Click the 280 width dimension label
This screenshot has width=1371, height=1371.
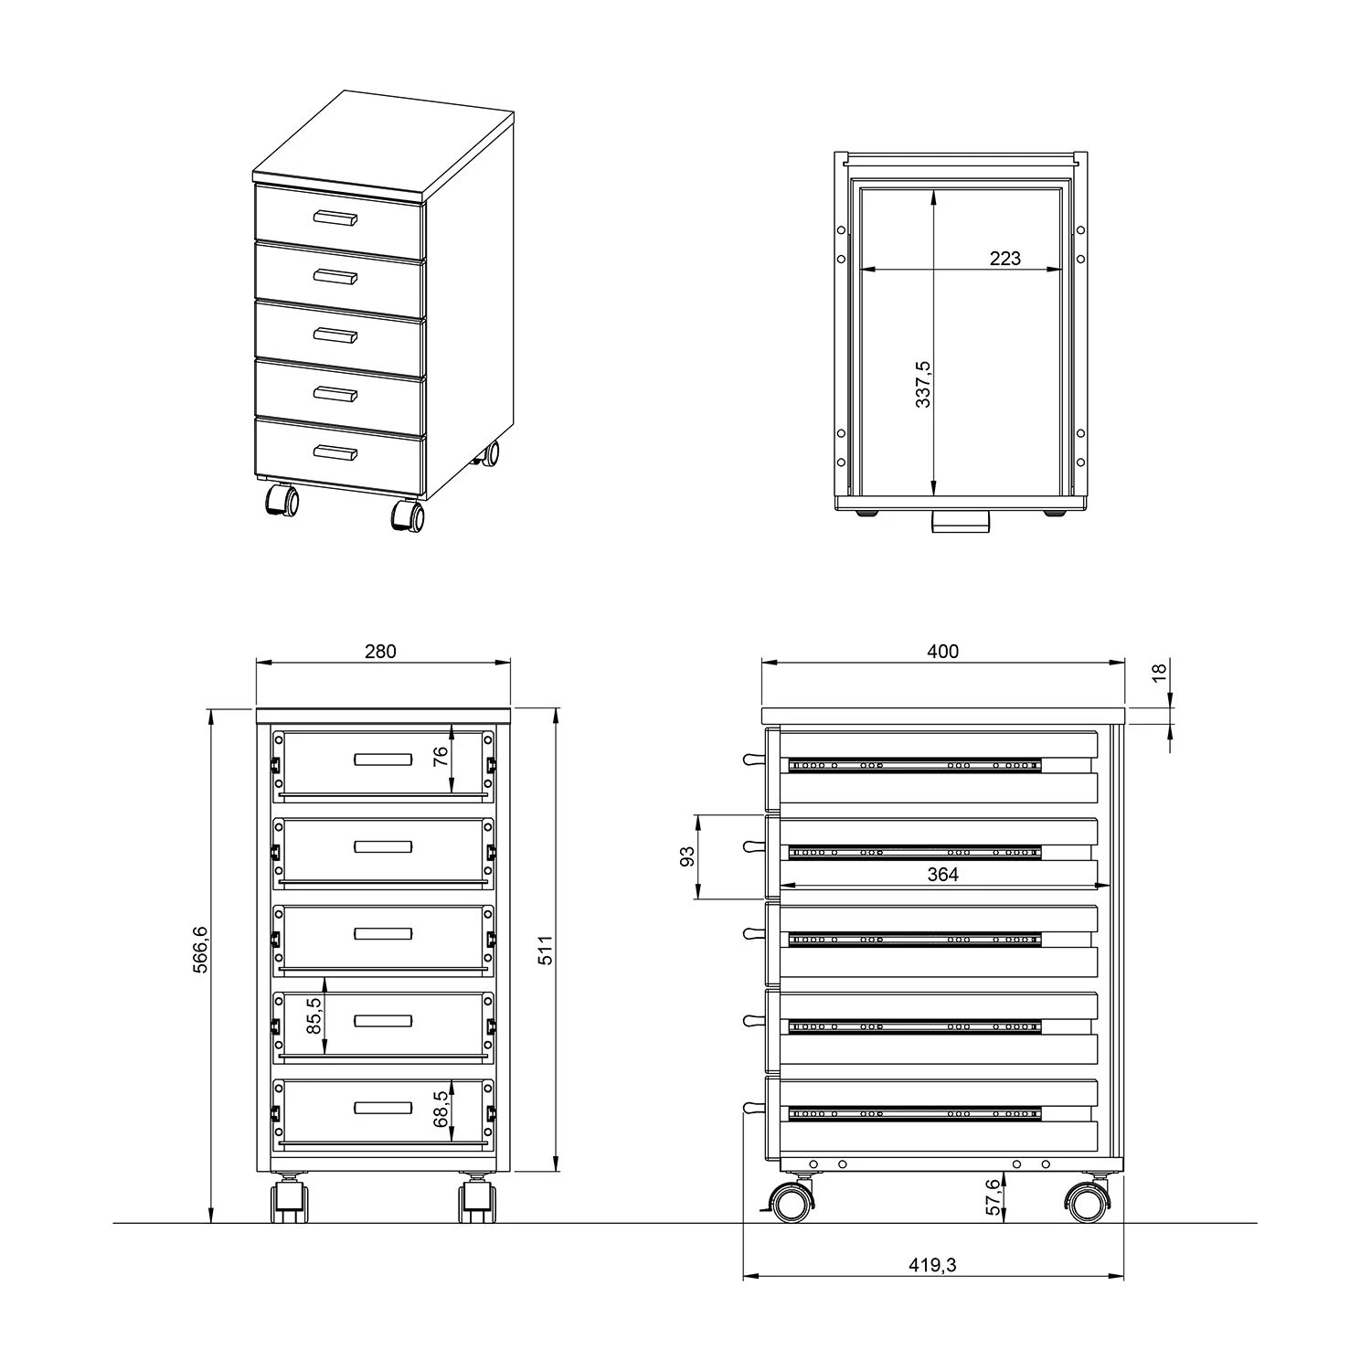[381, 652]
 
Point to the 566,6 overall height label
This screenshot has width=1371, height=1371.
[201, 950]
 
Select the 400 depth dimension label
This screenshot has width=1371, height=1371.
[943, 652]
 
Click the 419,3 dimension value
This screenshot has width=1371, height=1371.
[932, 1265]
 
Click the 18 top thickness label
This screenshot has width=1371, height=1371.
[1159, 672]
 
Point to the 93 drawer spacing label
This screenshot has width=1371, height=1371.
[688, 856]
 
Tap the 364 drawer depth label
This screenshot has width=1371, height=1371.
[943, 875]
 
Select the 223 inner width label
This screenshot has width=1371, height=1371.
[1004, 259]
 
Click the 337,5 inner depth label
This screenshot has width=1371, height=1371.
[923, 384]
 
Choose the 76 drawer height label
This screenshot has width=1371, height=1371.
[441, 756]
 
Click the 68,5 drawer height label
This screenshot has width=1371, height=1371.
[441, 1108]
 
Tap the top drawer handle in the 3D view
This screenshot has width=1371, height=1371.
[335, 218]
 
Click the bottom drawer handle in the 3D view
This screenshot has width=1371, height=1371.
[335, 452]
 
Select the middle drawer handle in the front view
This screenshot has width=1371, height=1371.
[383, 933]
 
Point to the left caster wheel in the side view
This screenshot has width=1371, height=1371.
[792, 1201]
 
